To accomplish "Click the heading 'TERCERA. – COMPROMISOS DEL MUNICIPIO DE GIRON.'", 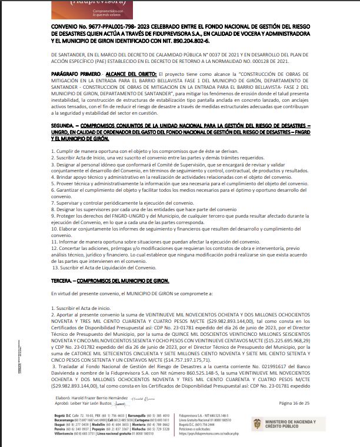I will click(x=110, y=281).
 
